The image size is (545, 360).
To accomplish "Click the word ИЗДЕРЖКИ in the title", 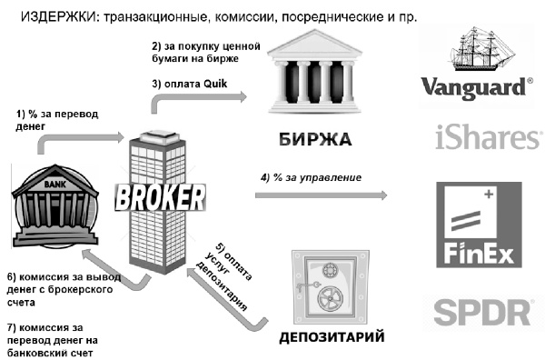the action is [56, 16].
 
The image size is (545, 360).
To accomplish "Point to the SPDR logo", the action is [482, 312].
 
